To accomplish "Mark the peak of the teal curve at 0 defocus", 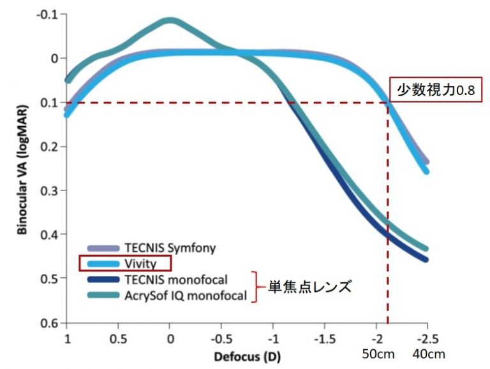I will (170, 20).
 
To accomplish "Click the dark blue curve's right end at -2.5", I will (426, 259).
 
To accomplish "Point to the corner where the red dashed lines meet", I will (388, 103).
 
